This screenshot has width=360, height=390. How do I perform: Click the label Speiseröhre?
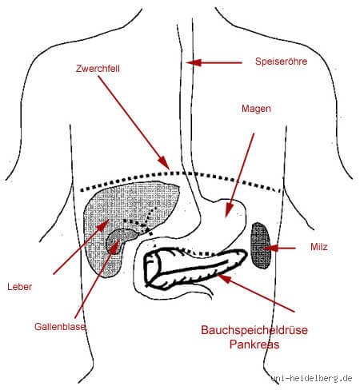click(281, 62)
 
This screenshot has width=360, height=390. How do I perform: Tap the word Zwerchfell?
click(98, 69)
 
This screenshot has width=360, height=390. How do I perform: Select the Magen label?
click(256, 109)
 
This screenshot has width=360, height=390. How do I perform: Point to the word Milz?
click(319, 247)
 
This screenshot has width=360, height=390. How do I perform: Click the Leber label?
click(20, 287)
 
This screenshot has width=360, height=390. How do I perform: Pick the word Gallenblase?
click(60, 327)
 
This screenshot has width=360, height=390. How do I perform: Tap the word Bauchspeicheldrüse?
click(254, 330)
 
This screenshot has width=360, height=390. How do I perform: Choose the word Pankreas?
click(254, 344)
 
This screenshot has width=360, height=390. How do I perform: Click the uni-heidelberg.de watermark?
click(311, 378)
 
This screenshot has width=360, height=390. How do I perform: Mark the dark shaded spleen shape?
click(261, 245)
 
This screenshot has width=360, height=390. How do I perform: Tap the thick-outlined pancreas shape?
click(194, 268)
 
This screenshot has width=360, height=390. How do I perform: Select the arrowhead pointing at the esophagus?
click(193, 63)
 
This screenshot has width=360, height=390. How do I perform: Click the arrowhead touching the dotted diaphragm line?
click(163, 162)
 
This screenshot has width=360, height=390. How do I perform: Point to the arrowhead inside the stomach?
click(229, 210)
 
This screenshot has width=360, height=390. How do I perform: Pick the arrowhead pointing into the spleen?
click(270, 249)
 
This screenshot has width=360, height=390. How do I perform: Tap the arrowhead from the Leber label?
click(103, 225)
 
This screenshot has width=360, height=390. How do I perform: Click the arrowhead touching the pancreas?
click(224, 279)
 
